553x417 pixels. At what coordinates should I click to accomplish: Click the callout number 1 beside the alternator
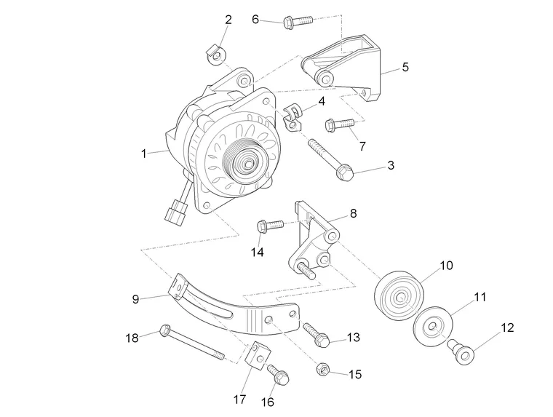tap(143, 154)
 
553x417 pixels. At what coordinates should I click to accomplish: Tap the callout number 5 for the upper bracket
tap(405, 67)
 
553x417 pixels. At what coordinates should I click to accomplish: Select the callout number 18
tap(132, 338)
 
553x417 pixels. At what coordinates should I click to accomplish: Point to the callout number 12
tap(507, 327)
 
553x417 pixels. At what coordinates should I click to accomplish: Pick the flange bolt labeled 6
tap(298, 21)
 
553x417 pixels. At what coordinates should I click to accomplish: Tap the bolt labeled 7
tap(339, 124)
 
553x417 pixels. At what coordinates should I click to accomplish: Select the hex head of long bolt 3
tap(345, 173)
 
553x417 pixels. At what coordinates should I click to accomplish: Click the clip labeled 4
tap(293, 116)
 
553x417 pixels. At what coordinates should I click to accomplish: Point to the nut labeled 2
tap(216, 56)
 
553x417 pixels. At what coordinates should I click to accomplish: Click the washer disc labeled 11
tap(433, 326)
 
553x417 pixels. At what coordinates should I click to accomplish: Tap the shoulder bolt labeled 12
tap(460, 352)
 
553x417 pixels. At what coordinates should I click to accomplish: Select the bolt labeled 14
tap(270, 226)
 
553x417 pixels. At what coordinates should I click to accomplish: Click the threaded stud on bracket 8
tap(306, 269)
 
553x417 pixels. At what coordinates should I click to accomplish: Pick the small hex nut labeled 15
tap(323, 369)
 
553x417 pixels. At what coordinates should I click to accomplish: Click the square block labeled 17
tap(258, 356)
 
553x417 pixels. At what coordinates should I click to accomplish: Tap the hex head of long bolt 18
tap(165, 330)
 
